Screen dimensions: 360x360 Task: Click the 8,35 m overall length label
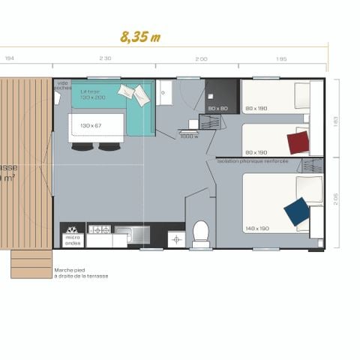point(140,37)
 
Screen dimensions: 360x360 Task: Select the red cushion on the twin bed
point(298,141)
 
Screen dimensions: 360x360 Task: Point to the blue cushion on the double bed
point(296,211)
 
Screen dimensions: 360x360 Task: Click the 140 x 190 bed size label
point(256,228)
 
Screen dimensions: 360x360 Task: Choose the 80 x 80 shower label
point(217,109)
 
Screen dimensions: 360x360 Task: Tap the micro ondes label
point(73,241)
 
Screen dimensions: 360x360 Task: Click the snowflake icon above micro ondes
point(72,229)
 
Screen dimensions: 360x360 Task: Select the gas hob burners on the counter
point(99,229)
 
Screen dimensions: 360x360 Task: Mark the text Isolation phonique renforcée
point(253,161)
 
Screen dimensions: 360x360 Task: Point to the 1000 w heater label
point(189,136)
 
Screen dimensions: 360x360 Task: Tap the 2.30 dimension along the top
point(106,58)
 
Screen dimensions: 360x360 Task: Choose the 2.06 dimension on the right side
point(335,199)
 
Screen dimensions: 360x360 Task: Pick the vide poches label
point(64,85)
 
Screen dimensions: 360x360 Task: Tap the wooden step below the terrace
point(31,264)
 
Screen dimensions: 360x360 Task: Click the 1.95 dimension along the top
point(281,58)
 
